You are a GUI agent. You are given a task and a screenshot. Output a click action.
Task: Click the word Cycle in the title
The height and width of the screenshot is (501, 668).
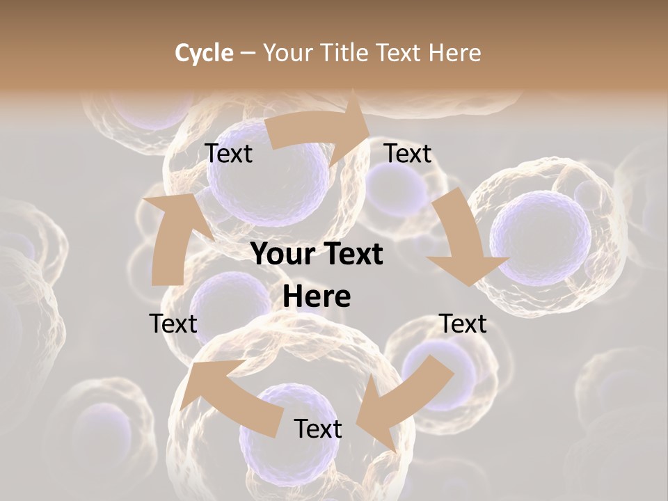click(204, 53)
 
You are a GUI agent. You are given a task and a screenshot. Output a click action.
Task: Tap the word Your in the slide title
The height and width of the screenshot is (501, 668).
click(287, 53)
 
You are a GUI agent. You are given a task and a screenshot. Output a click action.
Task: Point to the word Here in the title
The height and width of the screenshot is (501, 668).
click(455, 53)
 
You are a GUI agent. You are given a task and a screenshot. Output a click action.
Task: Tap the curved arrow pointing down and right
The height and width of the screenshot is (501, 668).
click(463, 240)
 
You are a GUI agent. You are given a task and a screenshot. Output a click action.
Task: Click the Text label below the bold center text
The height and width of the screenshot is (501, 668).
click(318, 429)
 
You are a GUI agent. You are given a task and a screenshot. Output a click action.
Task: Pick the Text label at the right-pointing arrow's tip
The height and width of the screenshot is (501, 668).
click(408, 153)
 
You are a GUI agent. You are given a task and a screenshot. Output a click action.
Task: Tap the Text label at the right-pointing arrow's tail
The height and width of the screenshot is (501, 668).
click(229, 153)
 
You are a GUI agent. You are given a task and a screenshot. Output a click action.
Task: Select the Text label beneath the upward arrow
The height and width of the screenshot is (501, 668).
click(173, 324)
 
